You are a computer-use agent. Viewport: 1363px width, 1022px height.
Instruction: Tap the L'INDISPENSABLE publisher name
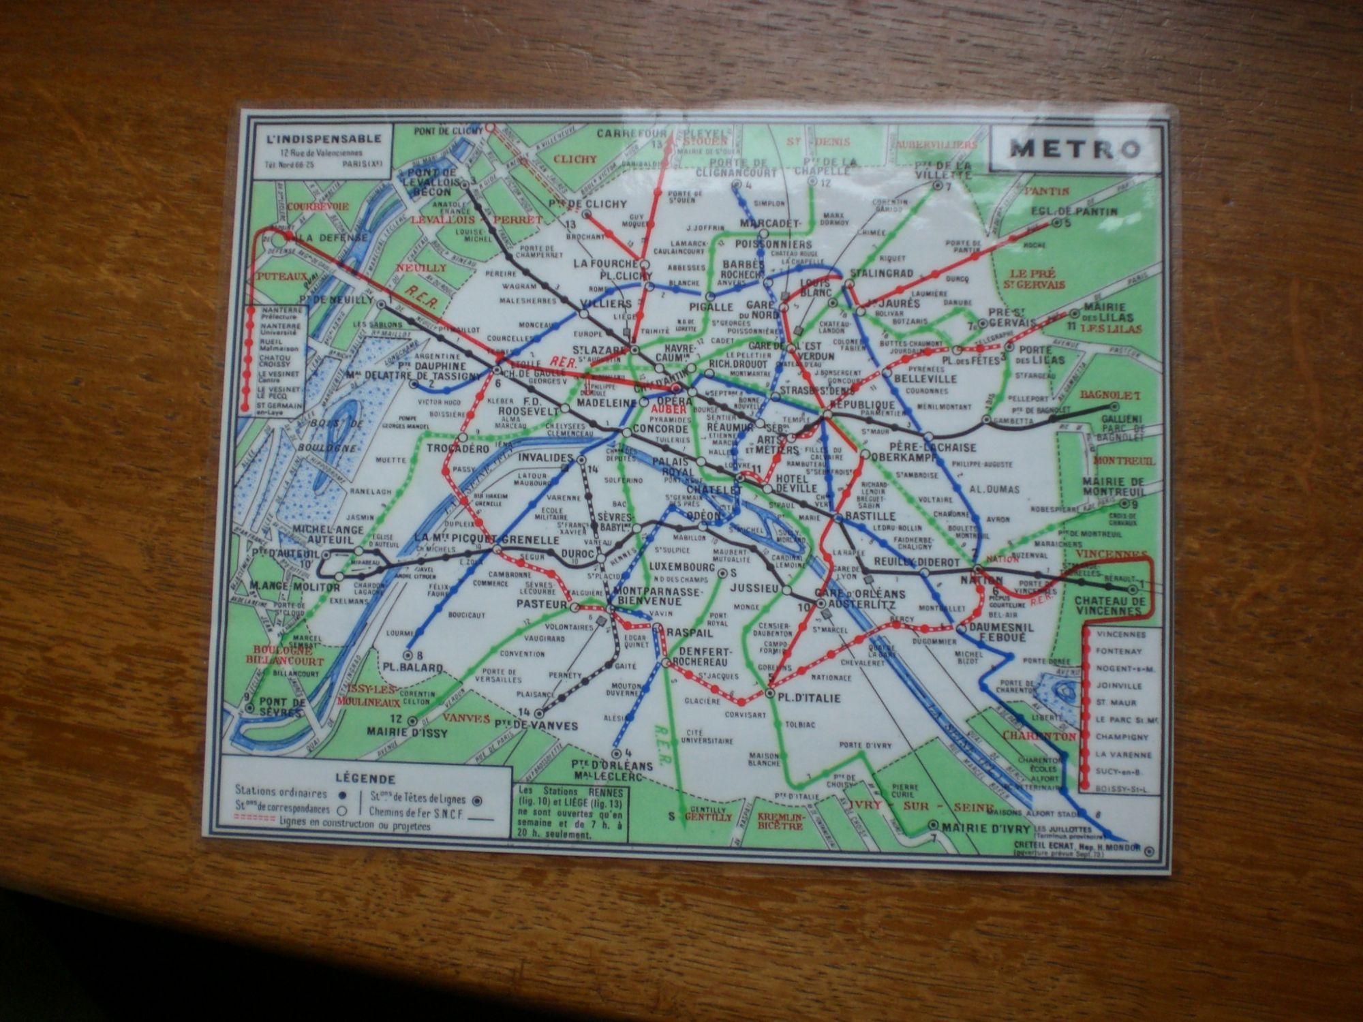pyautogui.click(x=324, y=139)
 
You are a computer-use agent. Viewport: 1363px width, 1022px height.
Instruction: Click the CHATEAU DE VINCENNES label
pyautogui.click(x=1108, y=606)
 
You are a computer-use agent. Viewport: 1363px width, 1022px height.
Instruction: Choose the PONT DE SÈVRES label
pyautogui.click(x=276, y=707)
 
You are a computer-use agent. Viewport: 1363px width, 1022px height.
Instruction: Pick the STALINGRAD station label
pyautogui.click(x=880, y=273)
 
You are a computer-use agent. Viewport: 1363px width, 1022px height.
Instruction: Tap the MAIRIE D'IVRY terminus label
pyautogui.click(x=975, y=827)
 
